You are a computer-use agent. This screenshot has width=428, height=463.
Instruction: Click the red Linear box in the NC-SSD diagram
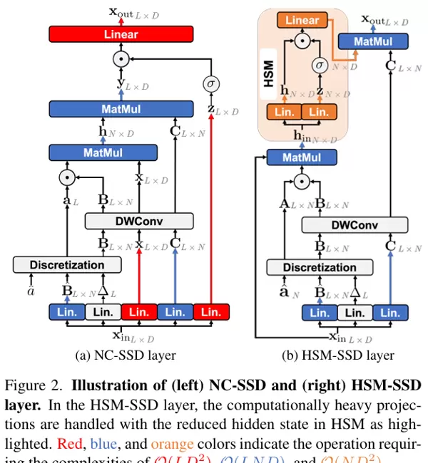121,33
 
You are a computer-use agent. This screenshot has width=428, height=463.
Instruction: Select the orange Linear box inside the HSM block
302,20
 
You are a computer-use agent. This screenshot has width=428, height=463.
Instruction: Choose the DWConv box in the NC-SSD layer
139,221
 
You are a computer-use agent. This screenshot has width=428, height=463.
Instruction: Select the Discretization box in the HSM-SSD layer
310,267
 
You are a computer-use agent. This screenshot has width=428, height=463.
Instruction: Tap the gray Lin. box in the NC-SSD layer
103,311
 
